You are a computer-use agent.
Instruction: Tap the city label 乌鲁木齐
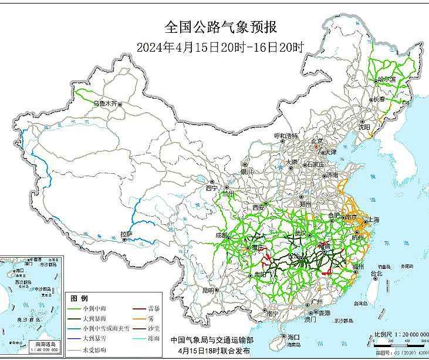point(106,103)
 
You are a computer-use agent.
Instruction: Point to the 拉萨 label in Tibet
point(126,235)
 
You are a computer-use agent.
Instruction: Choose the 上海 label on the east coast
point(373,220)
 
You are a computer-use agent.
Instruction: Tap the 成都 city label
point(221,235)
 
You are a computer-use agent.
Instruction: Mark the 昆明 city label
point(208,290)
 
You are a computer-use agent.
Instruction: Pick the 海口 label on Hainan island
point(293,337)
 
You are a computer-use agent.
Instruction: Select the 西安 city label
point(259,207)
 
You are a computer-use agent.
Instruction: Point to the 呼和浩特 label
point(286,136)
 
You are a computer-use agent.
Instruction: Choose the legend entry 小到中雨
point(94,308)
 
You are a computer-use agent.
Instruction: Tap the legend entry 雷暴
point(155,308)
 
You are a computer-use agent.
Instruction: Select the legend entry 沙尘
point(155,328)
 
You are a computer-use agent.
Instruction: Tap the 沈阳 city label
point(364,126)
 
